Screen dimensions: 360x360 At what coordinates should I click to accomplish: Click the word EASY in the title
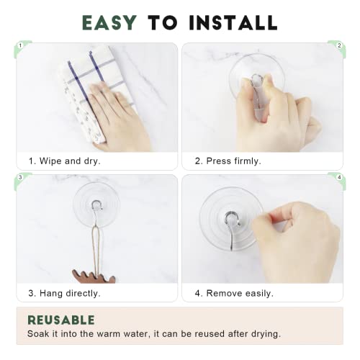tap(109, 22)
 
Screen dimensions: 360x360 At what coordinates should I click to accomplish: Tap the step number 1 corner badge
tap(19, 46)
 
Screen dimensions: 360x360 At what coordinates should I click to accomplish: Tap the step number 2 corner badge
tap(340, 46)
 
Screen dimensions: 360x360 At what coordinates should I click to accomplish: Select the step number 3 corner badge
tap(19, 178)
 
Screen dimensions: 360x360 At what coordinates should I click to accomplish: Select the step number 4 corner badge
tap(340, 178)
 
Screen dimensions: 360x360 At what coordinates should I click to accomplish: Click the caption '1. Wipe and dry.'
tap(64, 161)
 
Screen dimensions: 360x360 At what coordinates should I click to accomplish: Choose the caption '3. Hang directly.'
tap(64, 293)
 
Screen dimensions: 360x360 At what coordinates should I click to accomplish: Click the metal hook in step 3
tap(96, 210)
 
